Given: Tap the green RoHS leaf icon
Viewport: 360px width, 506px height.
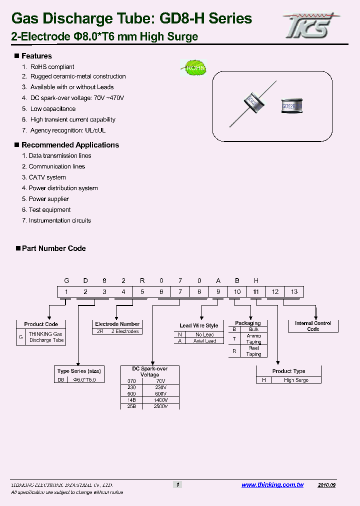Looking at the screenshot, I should tap(193, 68).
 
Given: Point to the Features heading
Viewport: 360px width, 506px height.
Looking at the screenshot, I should tap(36, 56).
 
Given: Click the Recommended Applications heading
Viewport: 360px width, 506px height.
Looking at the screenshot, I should tap(70, 145).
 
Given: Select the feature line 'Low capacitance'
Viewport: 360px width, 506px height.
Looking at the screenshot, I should tap(53, 109).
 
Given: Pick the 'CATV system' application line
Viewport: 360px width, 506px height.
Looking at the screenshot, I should tap(47, 177).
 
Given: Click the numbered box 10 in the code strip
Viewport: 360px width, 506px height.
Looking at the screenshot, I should tap(237, 292).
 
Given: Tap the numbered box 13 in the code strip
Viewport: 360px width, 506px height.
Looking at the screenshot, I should tap(294, 292).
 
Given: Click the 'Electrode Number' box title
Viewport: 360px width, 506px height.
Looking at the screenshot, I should tap(117, 324).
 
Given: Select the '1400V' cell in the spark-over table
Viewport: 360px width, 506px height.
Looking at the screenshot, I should tap(160, 400).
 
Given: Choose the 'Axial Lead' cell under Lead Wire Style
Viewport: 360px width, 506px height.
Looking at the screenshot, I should tap(205, 341).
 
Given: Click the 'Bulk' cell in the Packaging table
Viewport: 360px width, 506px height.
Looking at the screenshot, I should tap(253, 329).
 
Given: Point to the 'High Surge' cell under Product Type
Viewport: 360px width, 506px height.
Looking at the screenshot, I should tap(296, 380).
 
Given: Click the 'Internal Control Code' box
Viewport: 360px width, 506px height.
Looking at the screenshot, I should tap(313, 326).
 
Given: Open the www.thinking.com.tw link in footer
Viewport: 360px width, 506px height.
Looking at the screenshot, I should tap(272, 485).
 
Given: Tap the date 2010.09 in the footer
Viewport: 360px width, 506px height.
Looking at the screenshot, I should tap(326, 485).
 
